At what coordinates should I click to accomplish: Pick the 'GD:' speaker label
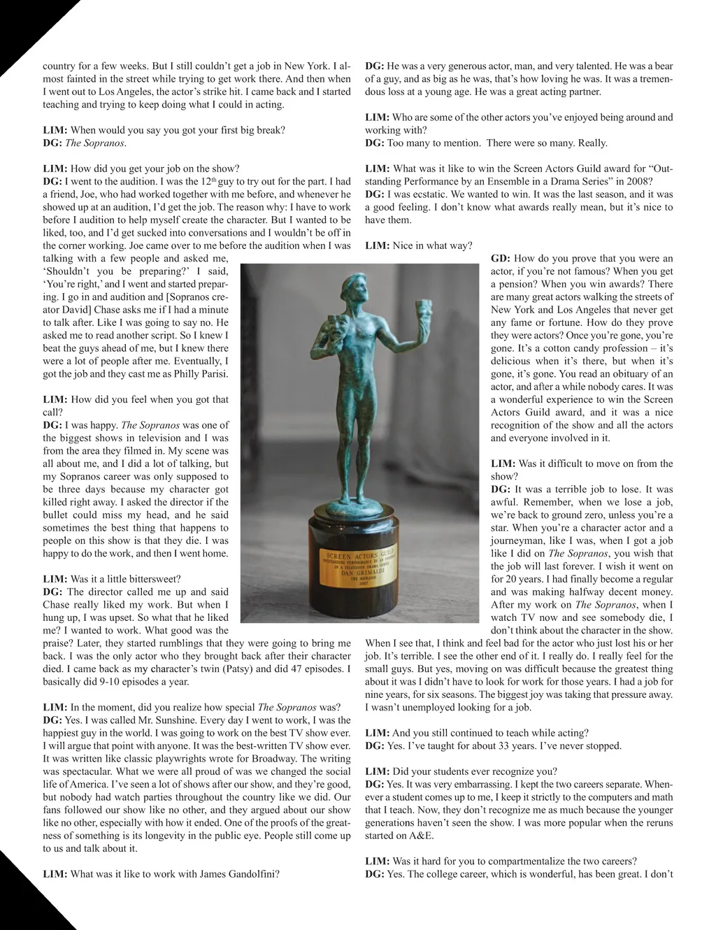(x=501, y=259)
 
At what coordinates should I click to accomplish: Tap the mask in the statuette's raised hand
(x=422, y=308)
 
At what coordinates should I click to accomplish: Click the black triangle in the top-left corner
(x=21, y=21)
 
